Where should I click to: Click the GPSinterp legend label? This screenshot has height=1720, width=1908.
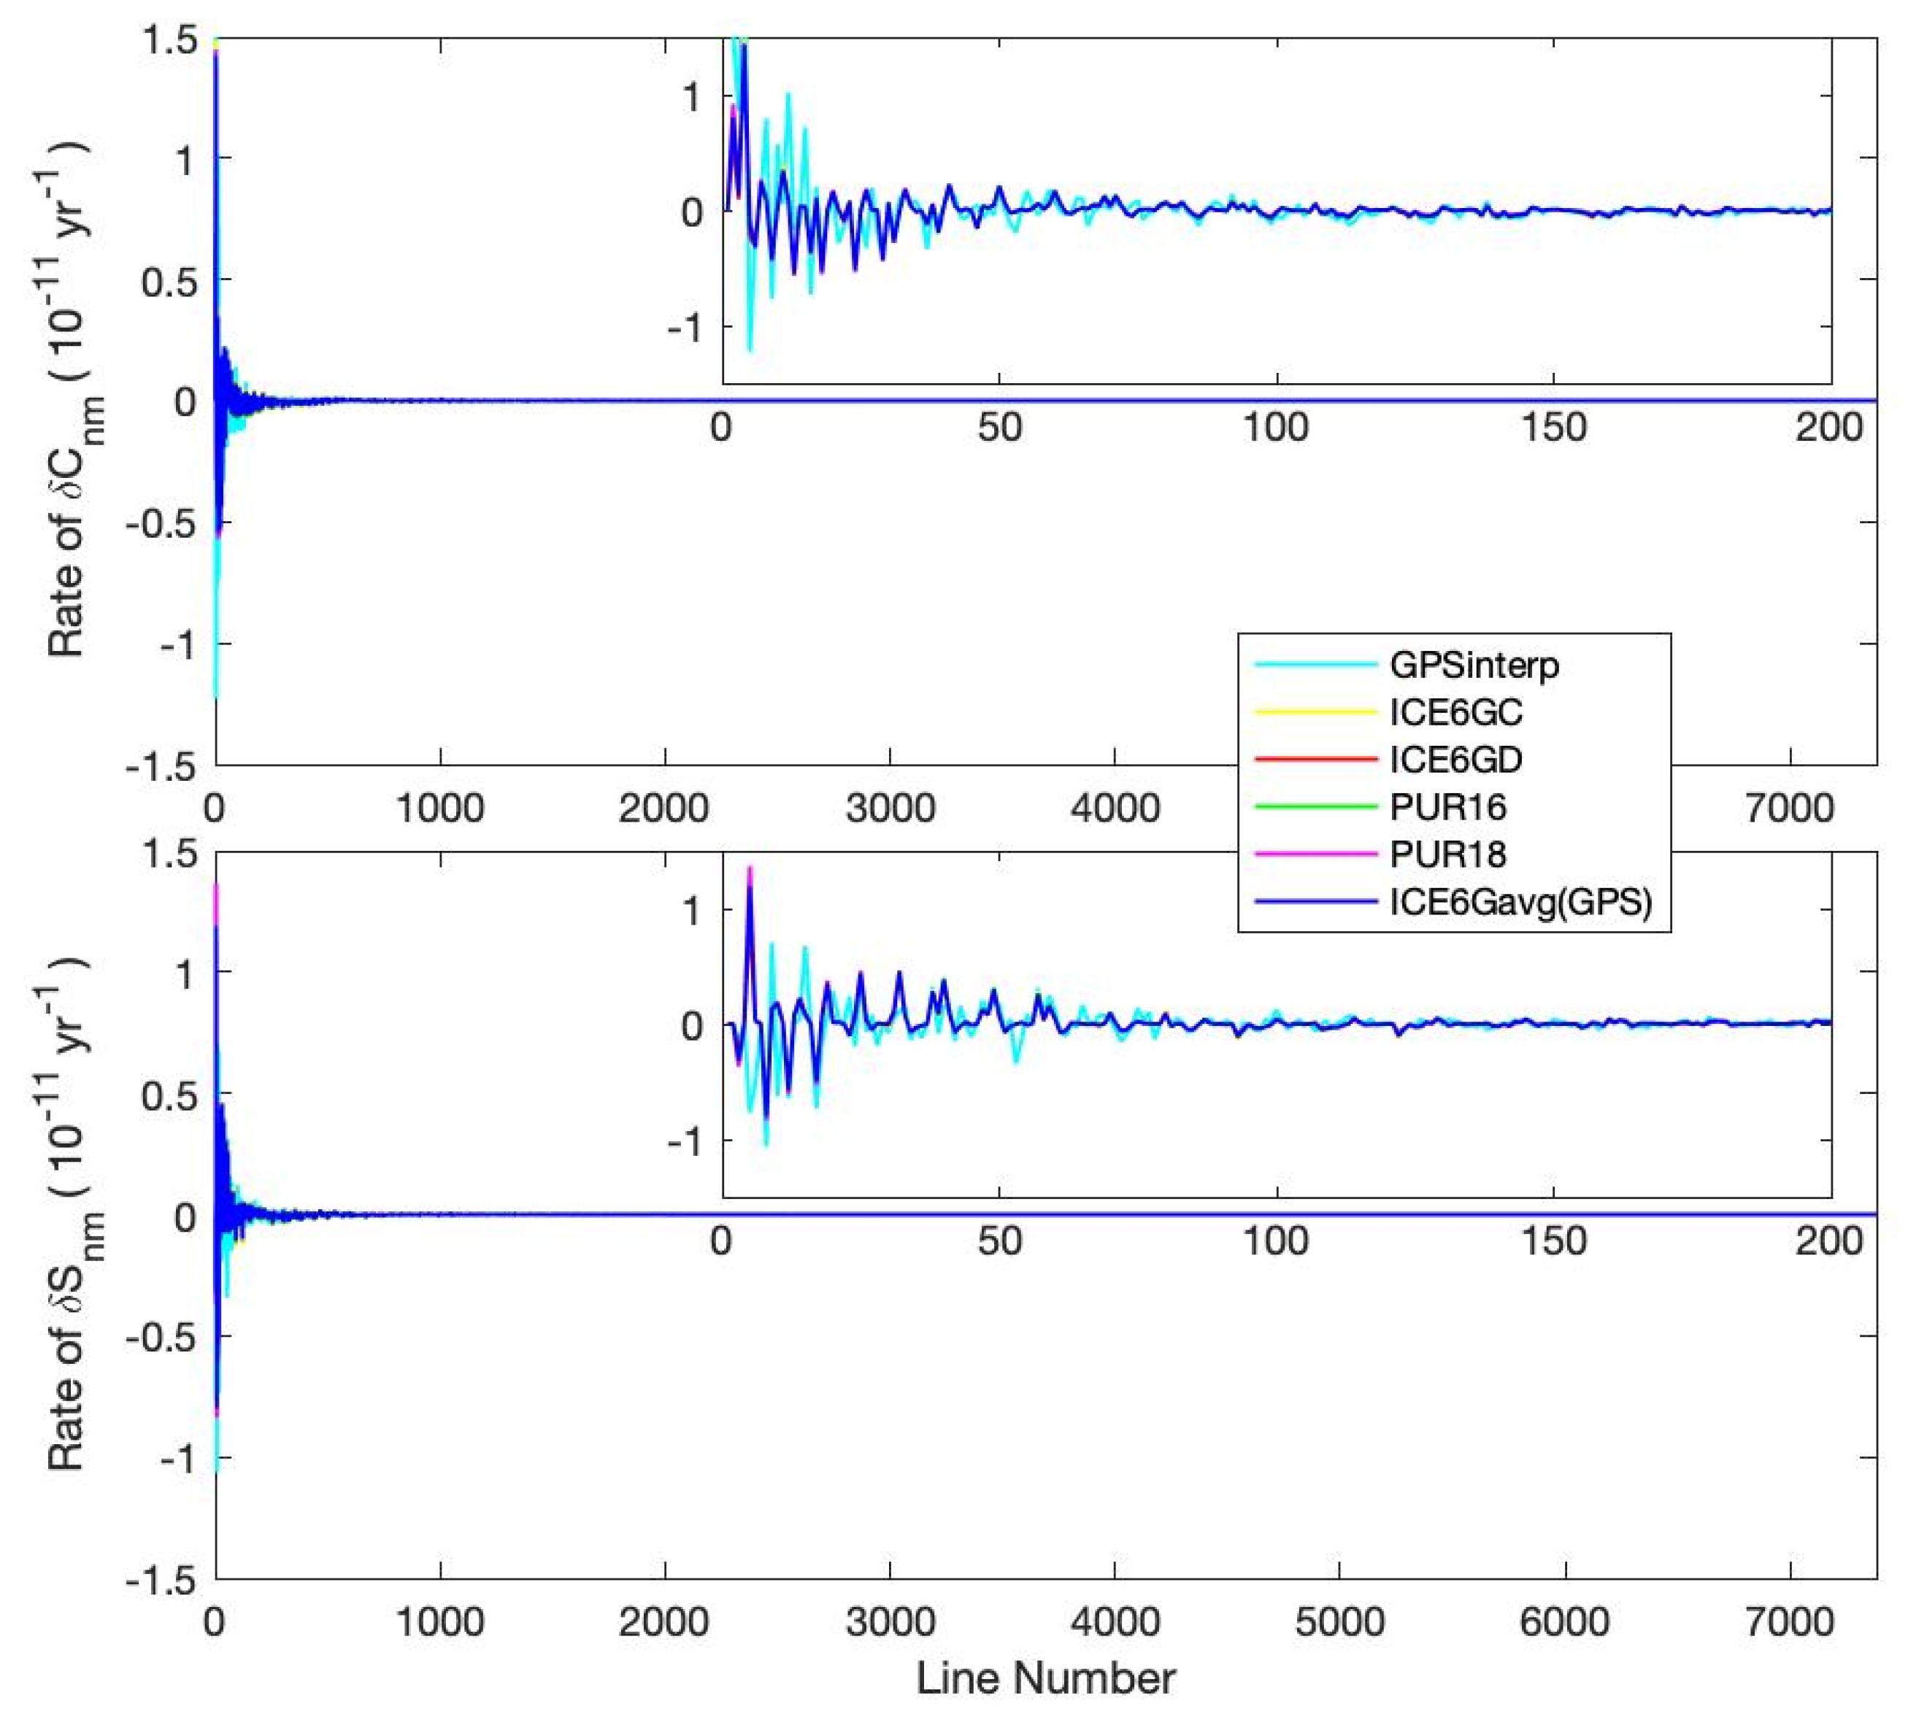1473,666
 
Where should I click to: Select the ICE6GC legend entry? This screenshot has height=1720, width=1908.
1455,711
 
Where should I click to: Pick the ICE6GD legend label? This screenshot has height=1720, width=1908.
1455,759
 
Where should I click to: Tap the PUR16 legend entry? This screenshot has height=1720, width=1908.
1447,806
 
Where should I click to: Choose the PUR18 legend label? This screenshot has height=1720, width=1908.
1447,855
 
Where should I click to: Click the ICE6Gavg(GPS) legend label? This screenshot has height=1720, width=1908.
1520,901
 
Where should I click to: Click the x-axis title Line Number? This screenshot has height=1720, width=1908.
1046,1678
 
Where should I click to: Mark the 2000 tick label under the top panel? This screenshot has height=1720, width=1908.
664,808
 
